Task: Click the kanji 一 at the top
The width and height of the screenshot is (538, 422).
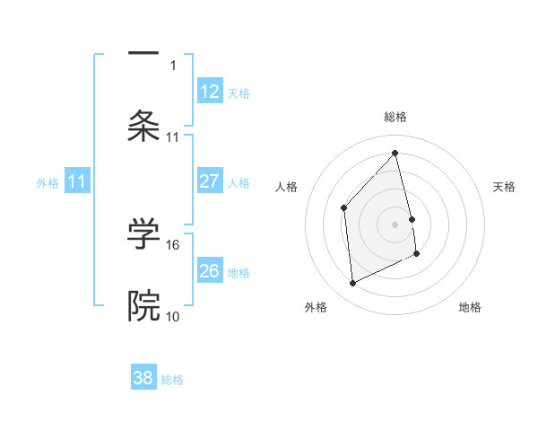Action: click(143, 55)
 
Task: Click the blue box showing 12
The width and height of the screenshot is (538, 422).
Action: click(210, 92)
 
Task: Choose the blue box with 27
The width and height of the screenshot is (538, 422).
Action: click(210, 181)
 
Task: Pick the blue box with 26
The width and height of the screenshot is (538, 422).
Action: click(210, 271)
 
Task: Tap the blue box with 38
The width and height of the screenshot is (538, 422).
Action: click(143, 378)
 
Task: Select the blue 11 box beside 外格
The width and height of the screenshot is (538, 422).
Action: click(77, 181)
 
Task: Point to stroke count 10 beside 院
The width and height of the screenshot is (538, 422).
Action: click(173, 317)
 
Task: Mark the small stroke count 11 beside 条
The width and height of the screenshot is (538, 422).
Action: click(173, 137)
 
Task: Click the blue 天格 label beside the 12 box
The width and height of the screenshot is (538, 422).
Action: click(239, 93)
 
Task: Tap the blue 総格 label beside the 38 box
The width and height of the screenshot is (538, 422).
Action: click(172, 380)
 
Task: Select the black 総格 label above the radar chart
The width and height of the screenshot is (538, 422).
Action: click(395, 117)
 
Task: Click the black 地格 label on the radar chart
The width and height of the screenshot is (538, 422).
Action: click(470, 307)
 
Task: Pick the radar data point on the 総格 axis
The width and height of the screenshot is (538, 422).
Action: click(395, 154)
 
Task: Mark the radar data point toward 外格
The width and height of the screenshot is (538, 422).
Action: click(352, 284)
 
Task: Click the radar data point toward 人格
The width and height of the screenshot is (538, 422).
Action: click(344, 208)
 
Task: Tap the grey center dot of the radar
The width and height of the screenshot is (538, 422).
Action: click(395, 224)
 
